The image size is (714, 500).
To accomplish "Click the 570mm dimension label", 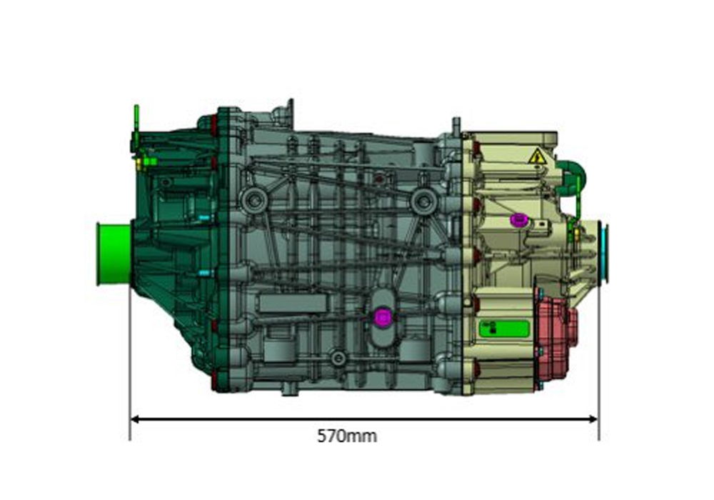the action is pos(347,436).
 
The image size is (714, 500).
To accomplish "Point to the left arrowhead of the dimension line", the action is pos(134,419).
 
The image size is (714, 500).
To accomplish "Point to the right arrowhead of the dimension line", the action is pos(593,419).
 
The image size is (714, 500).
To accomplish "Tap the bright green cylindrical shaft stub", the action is pos(114,254).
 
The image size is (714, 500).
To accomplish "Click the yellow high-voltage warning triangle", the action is pos(538,156).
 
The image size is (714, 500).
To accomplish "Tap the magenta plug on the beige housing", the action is pos(518,220).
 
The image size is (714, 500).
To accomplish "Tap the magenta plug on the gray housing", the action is pos(382,317).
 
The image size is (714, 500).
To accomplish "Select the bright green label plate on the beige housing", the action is pos(504,329).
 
